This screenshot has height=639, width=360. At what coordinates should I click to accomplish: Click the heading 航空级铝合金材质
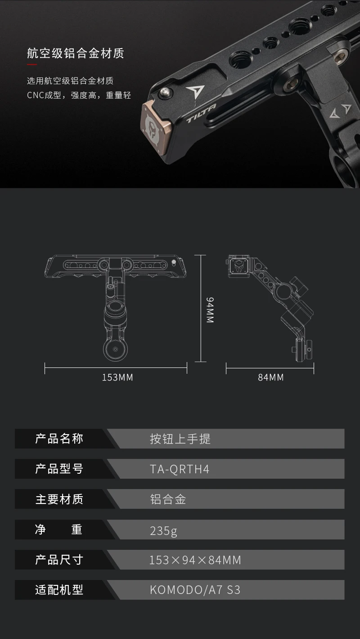pyautogui.click(x=75, y=54)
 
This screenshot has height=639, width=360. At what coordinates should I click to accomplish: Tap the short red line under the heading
pyautogui.click(x=32, y=65)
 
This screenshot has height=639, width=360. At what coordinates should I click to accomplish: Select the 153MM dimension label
pyautogui.click(x=117, y=377)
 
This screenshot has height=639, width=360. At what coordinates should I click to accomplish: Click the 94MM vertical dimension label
pyautogui.click(x=210, y=310)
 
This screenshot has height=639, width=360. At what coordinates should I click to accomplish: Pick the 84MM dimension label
pyautogui.click(x=271, y=377)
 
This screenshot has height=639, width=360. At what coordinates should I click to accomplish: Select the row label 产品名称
pyautogui.click(x=59, y=439)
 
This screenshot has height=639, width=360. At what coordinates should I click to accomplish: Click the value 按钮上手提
pyautogui.click(x=180, y=439)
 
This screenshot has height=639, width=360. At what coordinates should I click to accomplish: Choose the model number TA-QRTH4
pyautogui.click(x=180, y=469)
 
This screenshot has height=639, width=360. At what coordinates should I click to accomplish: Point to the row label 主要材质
pyautogui.click(x=59, y=499)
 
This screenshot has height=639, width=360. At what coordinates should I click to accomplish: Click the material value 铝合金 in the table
pyautogui.click(x=168, y=499)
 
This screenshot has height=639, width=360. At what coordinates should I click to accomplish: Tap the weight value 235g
pyautogui.click(x=163, y=530)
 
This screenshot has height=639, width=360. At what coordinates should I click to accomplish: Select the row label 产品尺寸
pyautogui.click(x=59, y=560)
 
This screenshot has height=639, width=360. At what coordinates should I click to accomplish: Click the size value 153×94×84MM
pyautogui.click(x=195, y=560)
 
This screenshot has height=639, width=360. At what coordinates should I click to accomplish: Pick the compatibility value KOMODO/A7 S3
pyautogui.click(x=195, y=590)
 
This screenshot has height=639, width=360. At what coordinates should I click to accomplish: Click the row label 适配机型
pyautogui.click(x=59, y=590)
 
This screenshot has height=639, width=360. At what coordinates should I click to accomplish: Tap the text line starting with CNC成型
pyautogui.click(x=79, y=95)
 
